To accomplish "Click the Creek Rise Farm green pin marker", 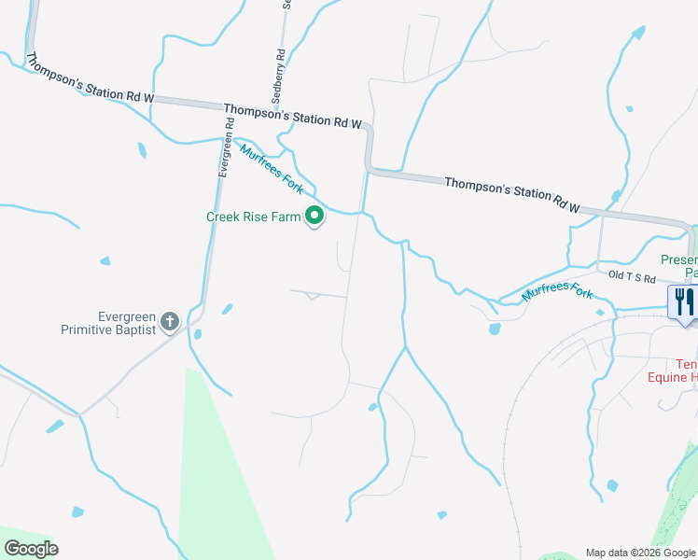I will click(x=315, y=217).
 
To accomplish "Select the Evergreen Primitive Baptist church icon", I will click(x=169, y=322).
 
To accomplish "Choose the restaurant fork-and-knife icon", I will click(x=685, y=301).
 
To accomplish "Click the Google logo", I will click(x=31, y=549).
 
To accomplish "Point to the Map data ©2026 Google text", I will click(x=639, y=553).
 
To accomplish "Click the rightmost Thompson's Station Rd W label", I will click(x=512, y=195).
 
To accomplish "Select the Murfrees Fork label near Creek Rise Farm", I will click(x=272, y=168).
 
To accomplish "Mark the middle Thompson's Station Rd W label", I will click(x=292, y=116).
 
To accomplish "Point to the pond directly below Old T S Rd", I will click(x=495, y=329).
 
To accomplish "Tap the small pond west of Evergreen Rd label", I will click(x=141, y=149).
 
